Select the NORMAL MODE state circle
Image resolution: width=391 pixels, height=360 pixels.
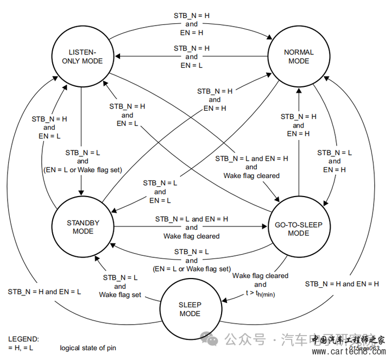(x=299, y=57)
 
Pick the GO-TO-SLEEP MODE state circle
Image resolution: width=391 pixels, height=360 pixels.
(x=299, y=229)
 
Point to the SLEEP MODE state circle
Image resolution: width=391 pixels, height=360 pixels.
(x=190, y=309)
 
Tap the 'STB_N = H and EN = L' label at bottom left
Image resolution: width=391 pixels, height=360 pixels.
(x=44, y=292)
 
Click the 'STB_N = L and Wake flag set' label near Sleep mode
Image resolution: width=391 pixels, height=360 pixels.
(x=120, y=286)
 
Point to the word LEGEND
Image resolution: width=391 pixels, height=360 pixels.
(x=23, y=338)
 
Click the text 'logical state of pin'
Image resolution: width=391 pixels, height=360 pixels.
(x=88, y=348)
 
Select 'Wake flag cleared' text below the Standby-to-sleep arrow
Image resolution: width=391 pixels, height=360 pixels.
(x=191, y=236)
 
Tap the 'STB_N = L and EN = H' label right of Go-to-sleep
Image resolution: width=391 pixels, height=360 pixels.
(x=335, y=161)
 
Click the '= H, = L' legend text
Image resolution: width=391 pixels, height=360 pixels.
(x=20, y=348)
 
